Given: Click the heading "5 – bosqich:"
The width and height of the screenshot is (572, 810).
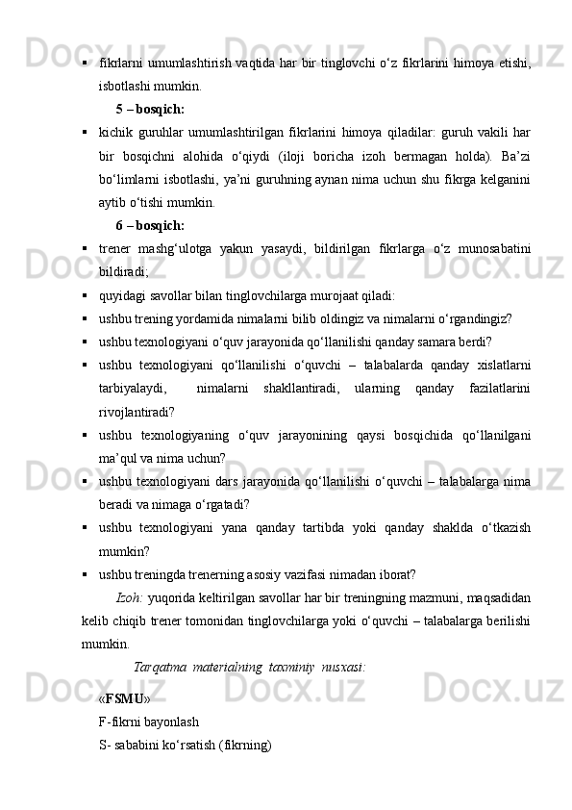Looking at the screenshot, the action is pyautogui.click(x=150, y=109).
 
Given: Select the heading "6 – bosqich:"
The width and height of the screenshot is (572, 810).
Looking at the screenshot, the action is pyautogui.click(x=150, y=226).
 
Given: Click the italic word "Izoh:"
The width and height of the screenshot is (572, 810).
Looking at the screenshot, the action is pyautogui.click(x=130, y=598).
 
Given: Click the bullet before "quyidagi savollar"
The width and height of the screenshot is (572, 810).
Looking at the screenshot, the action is pyautogui.click(x=87, y=296).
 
